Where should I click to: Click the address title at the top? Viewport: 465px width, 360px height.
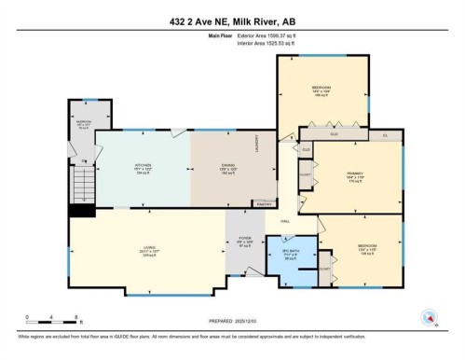point(232,22)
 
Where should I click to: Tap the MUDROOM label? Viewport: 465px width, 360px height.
point(83,122)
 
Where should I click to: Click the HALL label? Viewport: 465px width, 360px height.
point(284,220)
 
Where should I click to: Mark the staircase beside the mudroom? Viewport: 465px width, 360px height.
point(84,179)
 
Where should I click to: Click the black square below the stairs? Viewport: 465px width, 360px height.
point(82,211)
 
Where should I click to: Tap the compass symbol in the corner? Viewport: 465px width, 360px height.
point(430,316)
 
